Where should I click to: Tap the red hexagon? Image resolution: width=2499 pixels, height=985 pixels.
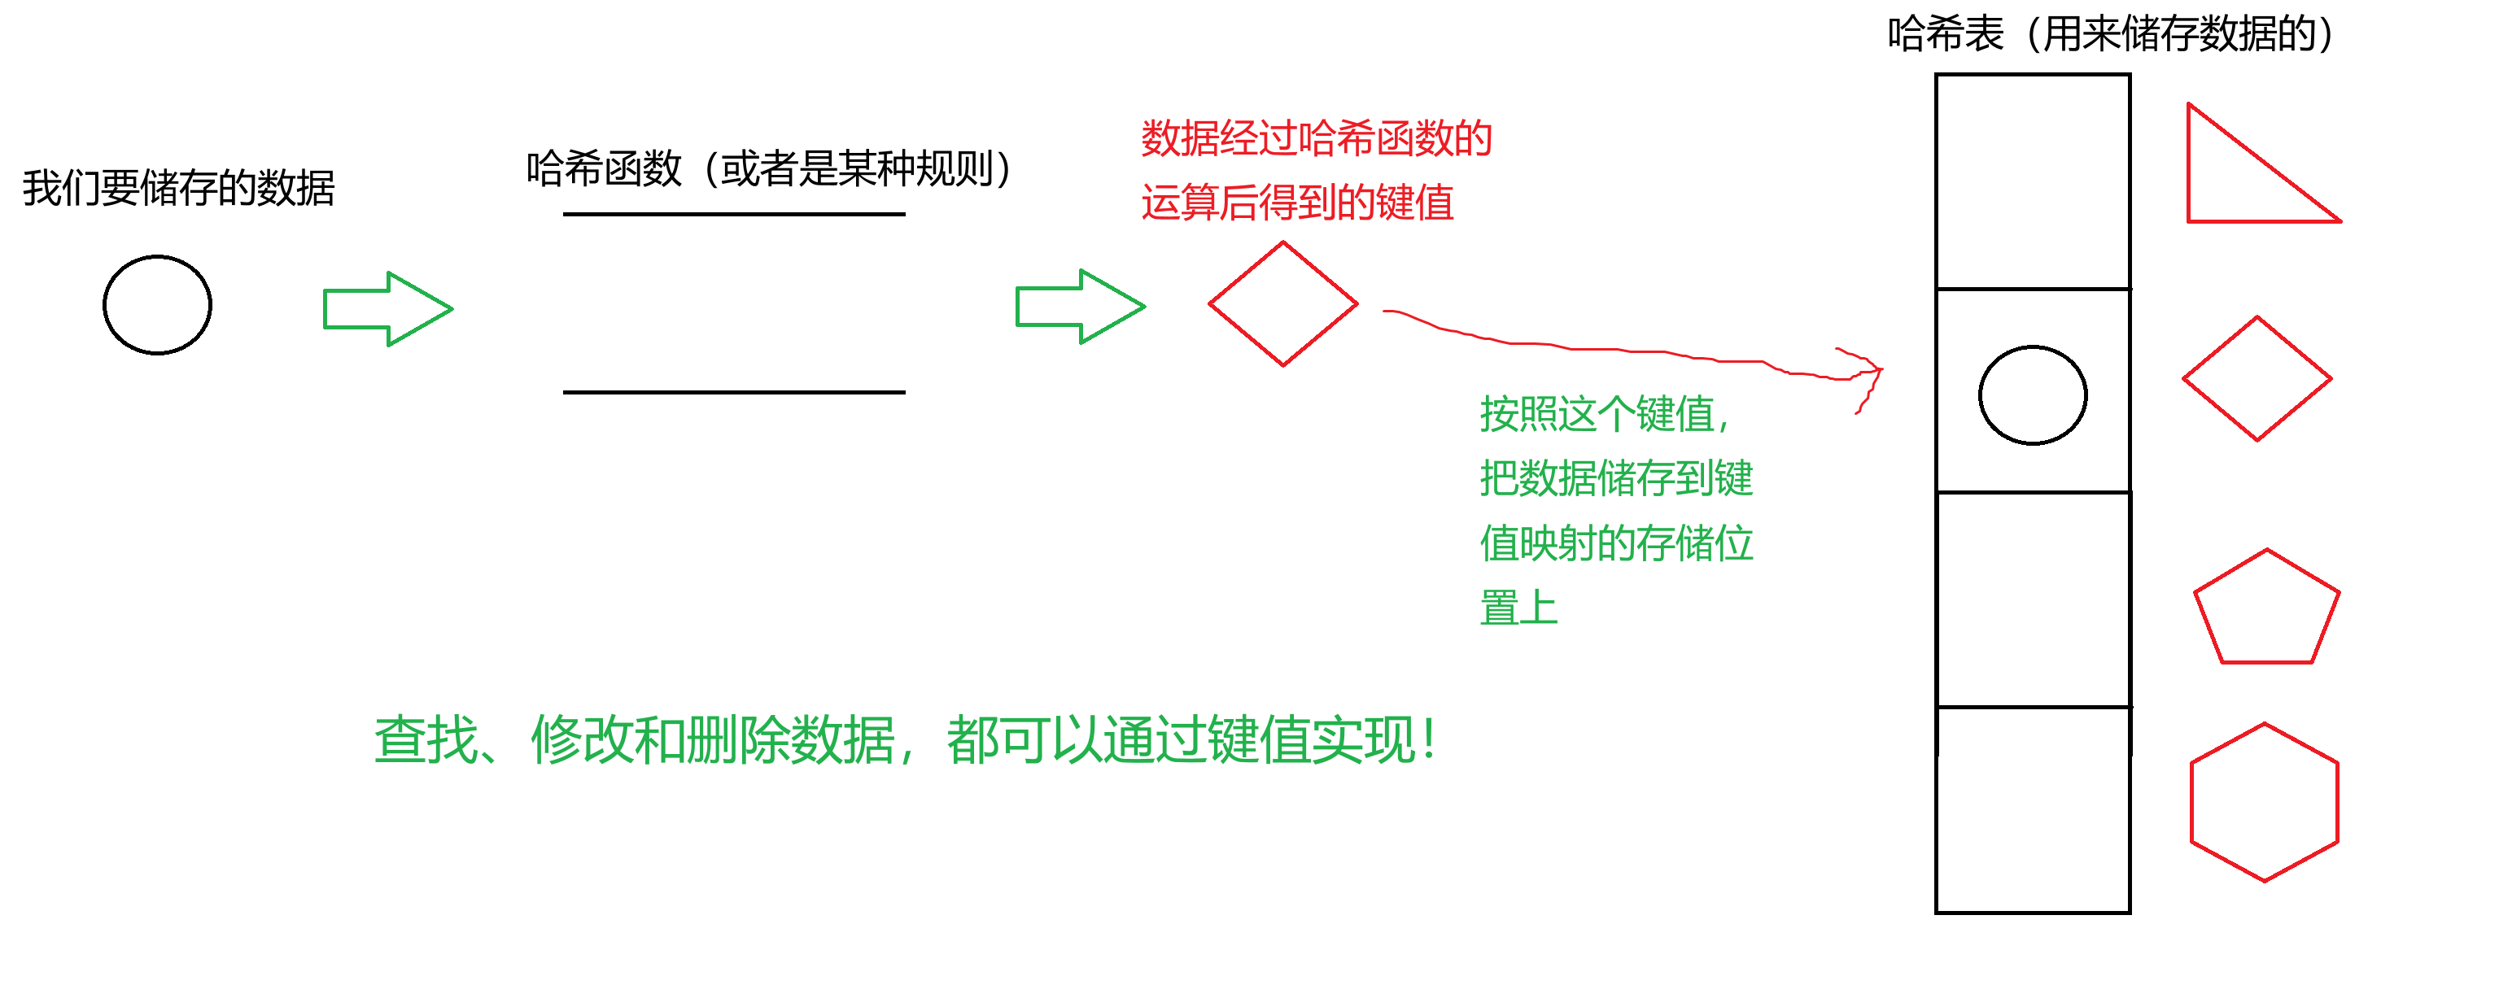(x=2264, y=803)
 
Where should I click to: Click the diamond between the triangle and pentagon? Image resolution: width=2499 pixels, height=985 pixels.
(x=2257, y=379)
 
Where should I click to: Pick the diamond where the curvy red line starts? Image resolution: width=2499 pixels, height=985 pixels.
(x=1282, y=304)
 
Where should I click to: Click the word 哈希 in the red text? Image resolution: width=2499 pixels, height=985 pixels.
(x=1335, y=138)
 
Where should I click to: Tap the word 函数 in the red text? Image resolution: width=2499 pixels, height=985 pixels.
(x=1413, y=138)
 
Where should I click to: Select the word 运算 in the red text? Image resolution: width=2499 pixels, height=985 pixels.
(x=1180, y=203)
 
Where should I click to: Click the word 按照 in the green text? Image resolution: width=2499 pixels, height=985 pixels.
(x=1518, y=415)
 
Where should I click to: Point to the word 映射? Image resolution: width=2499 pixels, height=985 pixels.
(x=1557, y=543)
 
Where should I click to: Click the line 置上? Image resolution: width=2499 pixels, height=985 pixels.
(x=1518, y=608)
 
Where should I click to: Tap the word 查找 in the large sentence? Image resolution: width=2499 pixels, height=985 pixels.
(x=426, y=741)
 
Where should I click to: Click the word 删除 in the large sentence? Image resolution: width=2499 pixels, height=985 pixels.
(x=738, y=741)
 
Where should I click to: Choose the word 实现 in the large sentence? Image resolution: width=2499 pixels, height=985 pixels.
(x=1363, y=741)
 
